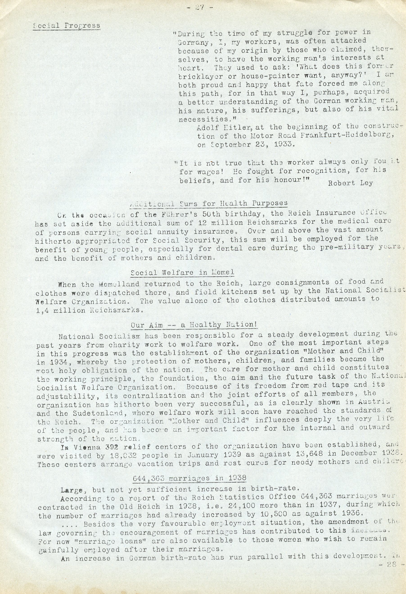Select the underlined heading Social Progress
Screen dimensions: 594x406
(x=67, y=26)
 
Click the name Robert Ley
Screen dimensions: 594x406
(x=350, y=183)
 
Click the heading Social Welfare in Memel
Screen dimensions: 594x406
(x=183, y=272)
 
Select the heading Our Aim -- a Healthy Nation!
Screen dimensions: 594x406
(x=194, y=325)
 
